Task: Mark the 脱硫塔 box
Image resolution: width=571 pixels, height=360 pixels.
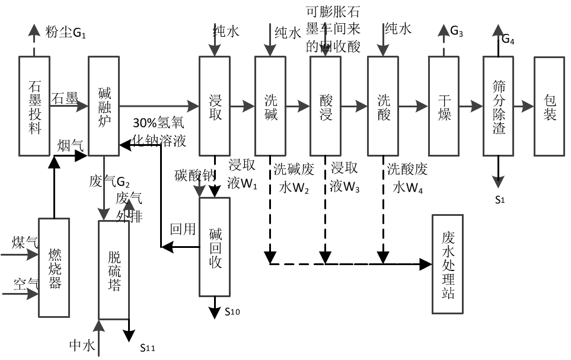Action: pos(114,270)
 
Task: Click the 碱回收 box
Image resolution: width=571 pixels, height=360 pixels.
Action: pos(215,246)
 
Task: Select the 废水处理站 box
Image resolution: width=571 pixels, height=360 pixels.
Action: pos(448,264)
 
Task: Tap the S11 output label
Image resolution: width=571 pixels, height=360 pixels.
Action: pos(147,348)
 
